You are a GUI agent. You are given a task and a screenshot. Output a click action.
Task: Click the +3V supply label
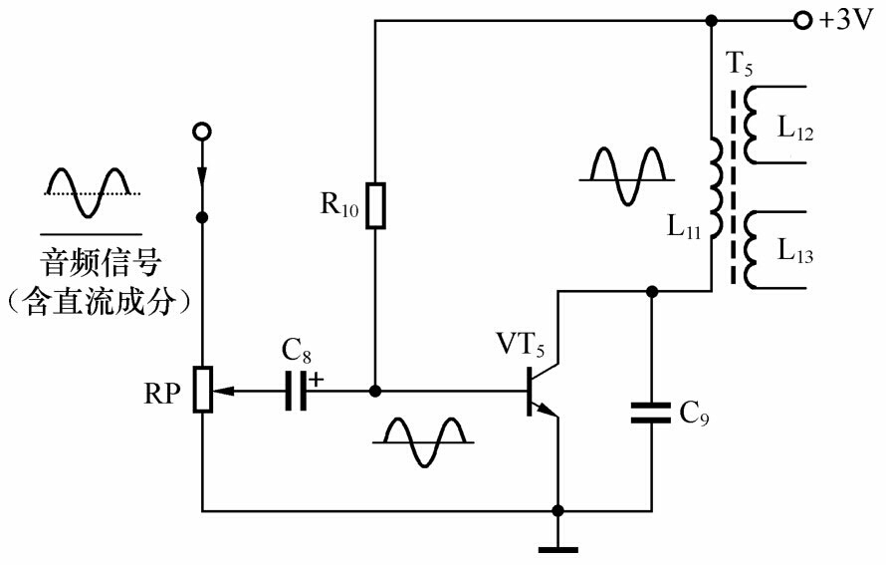tap(845, 20)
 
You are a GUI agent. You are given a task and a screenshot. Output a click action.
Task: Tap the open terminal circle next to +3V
tap(802, 20)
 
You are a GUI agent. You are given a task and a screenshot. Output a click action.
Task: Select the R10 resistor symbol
tap(374, 205)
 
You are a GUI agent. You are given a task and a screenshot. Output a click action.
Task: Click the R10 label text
tap(339, 206)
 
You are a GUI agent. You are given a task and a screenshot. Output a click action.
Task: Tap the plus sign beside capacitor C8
tap(318, 379)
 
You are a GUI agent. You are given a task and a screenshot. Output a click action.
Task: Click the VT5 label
tap(522, 345)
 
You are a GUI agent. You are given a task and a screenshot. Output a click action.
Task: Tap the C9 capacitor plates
tap(652, 412)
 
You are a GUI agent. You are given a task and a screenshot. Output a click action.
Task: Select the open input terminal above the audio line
tap(202, 132)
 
